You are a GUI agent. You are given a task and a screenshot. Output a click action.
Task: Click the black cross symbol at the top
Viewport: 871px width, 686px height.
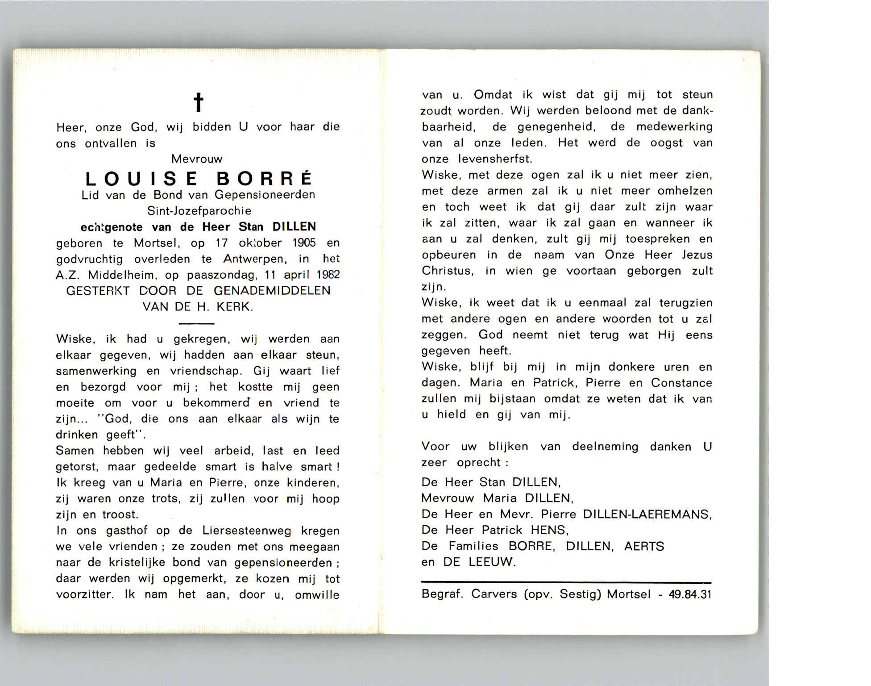point(199,102)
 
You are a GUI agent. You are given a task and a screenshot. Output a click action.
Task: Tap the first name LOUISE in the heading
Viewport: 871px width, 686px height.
point(141,179)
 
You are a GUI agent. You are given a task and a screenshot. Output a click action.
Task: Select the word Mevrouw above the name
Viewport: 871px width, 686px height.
point(197,159)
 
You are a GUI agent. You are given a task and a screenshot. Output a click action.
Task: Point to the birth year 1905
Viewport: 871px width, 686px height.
point(304,243)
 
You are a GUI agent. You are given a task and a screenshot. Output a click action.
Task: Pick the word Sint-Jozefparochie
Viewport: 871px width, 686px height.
point(199,211)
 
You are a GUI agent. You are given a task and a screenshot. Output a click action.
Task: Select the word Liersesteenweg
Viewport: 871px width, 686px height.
point(247,531)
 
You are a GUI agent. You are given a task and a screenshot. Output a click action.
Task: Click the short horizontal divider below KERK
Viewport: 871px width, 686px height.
point(196,323)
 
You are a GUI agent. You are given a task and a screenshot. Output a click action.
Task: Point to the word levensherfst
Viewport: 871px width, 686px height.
point(495,159)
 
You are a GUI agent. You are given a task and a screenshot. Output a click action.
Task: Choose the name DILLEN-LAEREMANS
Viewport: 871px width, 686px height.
point(647,514)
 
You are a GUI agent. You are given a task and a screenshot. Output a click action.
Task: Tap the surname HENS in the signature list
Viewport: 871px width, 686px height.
point(549,530)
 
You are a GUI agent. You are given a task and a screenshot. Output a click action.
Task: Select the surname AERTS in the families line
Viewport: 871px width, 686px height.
point(644,546)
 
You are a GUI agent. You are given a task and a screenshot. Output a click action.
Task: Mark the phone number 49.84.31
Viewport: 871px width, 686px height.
point(690,594)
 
